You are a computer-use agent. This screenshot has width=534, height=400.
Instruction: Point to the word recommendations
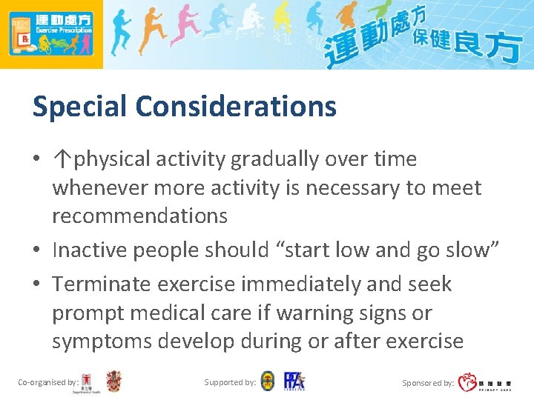pos(139,216)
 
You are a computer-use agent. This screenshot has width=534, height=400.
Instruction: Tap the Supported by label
pos(230,382)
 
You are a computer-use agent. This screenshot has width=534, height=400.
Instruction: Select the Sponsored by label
pos(428,383)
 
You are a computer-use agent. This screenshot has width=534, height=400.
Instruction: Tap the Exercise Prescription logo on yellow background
pos(51,34)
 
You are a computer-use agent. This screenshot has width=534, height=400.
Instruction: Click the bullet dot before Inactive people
pos(37,251)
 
